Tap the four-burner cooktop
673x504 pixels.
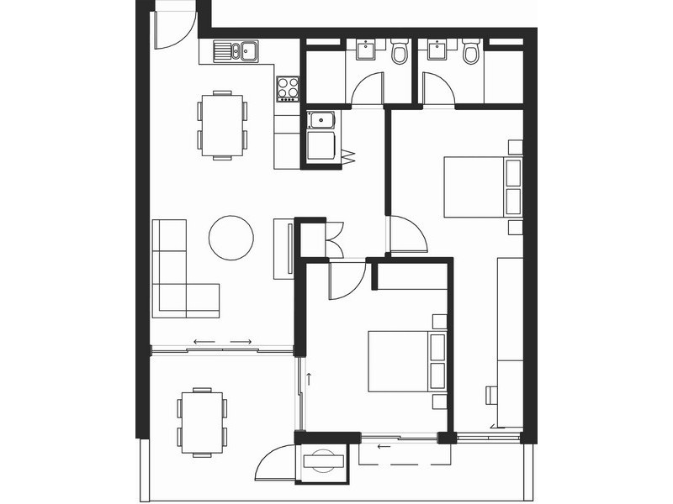[288, 88]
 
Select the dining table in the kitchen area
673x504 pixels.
[222, 124]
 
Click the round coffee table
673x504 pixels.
[231, 238]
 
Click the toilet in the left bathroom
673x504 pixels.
[400, 53]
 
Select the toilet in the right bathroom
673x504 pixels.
[470, 53]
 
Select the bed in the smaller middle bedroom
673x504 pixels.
[404, 360]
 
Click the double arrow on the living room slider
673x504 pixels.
[222, 342]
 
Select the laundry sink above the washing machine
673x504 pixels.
[321, 120]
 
